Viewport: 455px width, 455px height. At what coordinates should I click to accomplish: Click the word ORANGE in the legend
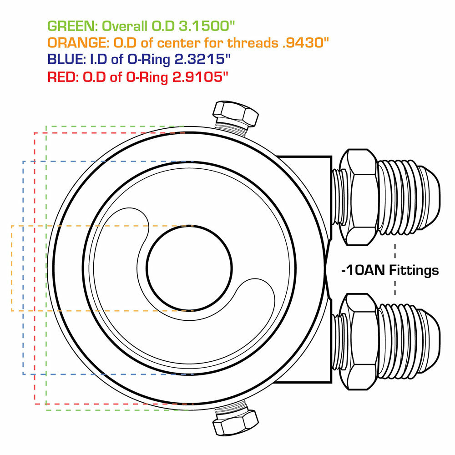[x=76, y=43]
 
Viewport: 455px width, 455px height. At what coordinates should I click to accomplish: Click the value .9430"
[x=306, y=43]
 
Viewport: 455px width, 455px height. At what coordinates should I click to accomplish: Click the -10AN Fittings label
[x=390, y=271]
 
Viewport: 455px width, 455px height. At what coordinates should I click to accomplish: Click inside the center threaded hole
[x=190, y=268]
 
